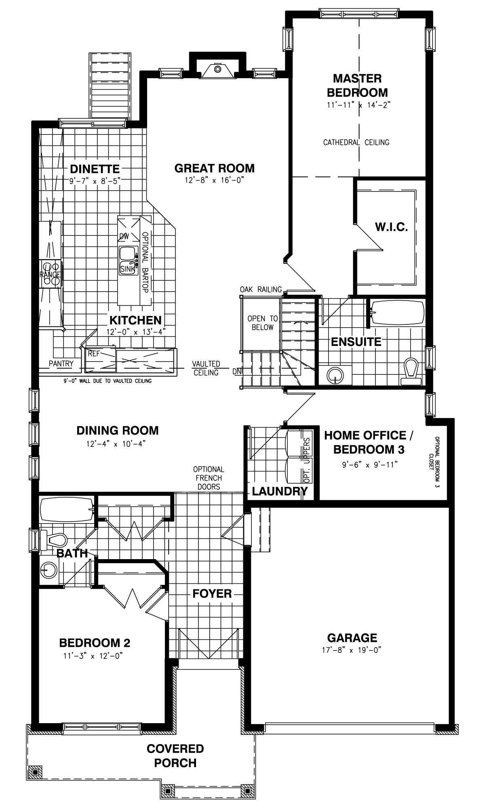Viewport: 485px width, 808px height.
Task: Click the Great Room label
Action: (215, 168)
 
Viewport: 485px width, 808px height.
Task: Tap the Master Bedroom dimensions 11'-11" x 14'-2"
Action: (358, 105)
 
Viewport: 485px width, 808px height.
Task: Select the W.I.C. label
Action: (391, 227)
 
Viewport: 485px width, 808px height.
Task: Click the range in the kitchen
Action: (50, 274)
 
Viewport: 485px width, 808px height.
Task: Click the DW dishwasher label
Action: (124, 236)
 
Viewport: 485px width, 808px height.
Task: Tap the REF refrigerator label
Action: (94, 353)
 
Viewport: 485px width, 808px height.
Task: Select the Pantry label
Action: (61, 364)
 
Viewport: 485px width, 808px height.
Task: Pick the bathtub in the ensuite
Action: (397, 312)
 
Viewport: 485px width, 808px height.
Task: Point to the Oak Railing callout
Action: (261, 289)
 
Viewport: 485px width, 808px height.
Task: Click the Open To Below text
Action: (263, 323)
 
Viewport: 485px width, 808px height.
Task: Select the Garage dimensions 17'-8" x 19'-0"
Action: (352, 650)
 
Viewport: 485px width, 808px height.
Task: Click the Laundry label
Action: (280, 491)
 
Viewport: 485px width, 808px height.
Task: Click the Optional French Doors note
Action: (209, 478)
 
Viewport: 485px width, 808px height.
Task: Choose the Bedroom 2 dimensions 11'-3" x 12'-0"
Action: (93, 656)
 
